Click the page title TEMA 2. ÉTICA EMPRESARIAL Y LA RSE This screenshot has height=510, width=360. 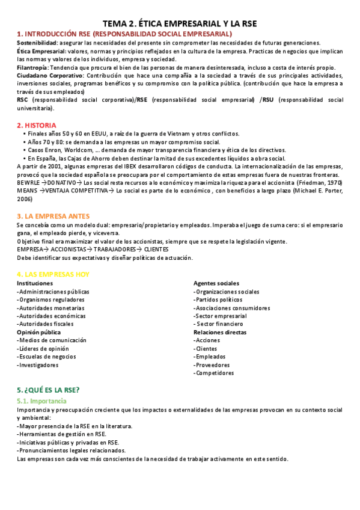(x=180, y=23)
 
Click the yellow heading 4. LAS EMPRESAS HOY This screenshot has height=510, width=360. (x=53, y=274)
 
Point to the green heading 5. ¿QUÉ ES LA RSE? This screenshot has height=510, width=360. (x=48, y=390)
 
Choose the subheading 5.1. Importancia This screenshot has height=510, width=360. (x=41, y=401)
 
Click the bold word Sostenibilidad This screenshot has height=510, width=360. (x=37, y=43)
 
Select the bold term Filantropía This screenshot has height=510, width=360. (x=33, y=67)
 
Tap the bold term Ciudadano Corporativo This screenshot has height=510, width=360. (x=50, y=76)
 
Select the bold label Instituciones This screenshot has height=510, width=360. (x=35, y=283)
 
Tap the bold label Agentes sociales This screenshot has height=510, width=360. (x=216, y=283)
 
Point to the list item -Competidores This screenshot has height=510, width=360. (x=213, y=373)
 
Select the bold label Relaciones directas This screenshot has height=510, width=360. (x=220, y=332)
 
